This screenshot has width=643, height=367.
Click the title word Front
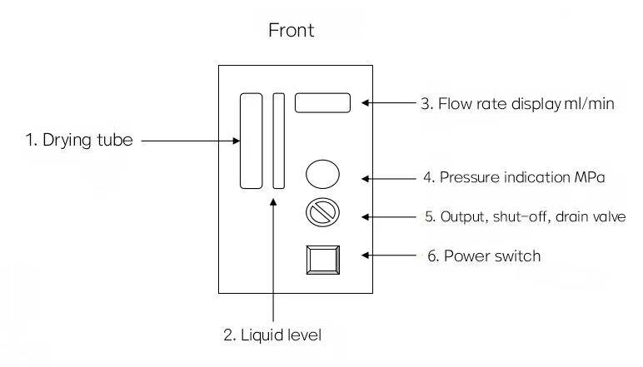pyautogui.click(x=292, y=30)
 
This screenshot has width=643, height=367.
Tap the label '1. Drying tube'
pyautogui.click(x=79, y=141)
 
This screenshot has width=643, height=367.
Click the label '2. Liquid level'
pyautogui.click(x=272, y=335)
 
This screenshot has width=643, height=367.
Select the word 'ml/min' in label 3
pyautogui.click(x=590, y=104)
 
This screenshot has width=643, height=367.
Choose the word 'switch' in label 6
pyautogui.click(x=517, y=256)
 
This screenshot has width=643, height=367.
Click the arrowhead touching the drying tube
pyautogui.click(x=237, y=141)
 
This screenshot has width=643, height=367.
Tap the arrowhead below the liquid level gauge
pyautogui.click(x=273, y=201)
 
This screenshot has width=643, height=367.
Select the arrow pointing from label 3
pyautogui.click(x=389, y=103)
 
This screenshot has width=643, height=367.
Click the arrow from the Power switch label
pyautogui.click(x=389, y=255)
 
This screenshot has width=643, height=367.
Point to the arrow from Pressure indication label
pyautogui.click(x=389, y=179)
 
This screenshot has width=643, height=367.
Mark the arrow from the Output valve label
pyautogui.click(x=389, y=216)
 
